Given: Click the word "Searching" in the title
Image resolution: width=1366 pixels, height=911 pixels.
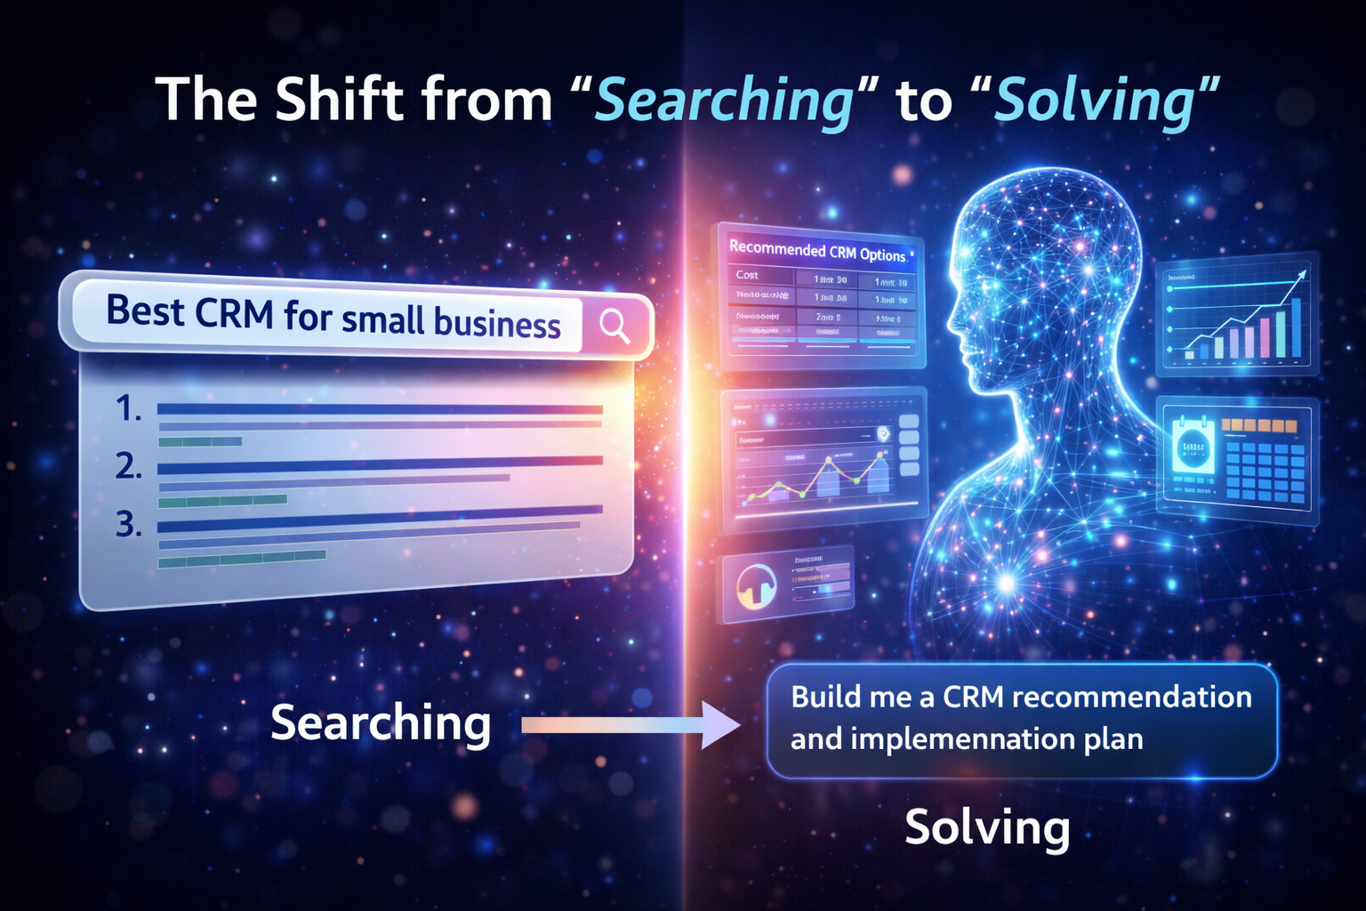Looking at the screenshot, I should [x=722, y=101].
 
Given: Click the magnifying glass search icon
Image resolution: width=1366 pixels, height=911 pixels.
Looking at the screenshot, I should [x=615, y=326].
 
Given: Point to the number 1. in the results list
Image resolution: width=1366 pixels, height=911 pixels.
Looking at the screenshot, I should [x=129, y=408].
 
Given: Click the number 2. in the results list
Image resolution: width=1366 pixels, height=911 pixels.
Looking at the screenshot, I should [x=129, y=466].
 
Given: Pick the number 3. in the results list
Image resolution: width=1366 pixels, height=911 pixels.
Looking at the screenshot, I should [x=129, y=525].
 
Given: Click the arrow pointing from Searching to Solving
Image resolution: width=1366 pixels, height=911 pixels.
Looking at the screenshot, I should [x=631, y=724].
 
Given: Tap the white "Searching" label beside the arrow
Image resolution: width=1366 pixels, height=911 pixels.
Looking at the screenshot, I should [x=381, y=722].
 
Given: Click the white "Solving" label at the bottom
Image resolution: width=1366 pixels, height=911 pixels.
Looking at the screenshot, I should [x=987, y=828].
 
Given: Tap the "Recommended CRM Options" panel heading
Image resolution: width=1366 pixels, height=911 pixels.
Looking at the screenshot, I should [x=818, y=252].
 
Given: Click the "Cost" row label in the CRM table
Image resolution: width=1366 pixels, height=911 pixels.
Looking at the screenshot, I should [x=747, y=275].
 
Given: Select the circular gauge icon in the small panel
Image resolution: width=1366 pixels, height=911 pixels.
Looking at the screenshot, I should [x=756, y=586].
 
